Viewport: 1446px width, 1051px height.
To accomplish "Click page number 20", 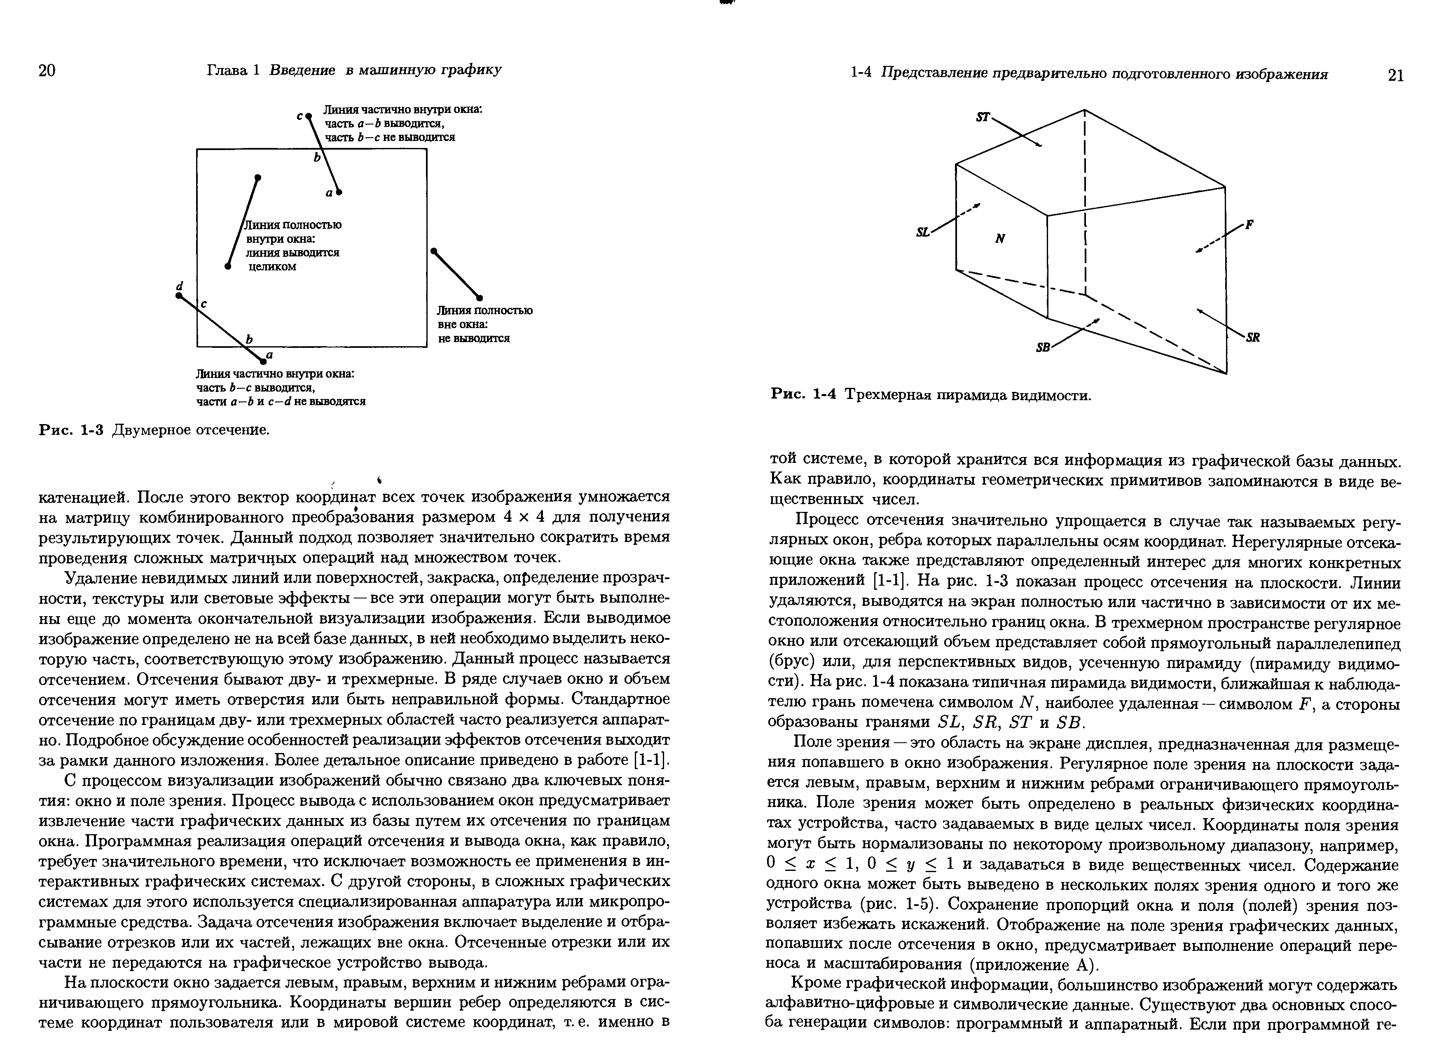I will [x=47, y=70].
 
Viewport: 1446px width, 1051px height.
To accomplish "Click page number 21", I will [x=1395, y=76].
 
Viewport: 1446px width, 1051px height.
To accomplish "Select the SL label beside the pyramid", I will [x=922, y=233].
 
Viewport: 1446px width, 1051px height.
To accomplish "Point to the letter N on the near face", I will [x=1000, y=239].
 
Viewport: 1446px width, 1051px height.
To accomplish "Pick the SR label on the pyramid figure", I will [x=1253, y=339].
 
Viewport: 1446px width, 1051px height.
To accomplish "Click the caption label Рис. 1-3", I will [x=71, y=430].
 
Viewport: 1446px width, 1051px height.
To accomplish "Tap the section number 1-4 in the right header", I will [x=861, y=74].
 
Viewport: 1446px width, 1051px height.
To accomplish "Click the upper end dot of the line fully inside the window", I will [x=257, y=177].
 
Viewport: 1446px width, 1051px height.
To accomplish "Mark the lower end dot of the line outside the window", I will [x=480, y=298].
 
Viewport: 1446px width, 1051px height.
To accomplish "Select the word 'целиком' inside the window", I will [x=272, y=267].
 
